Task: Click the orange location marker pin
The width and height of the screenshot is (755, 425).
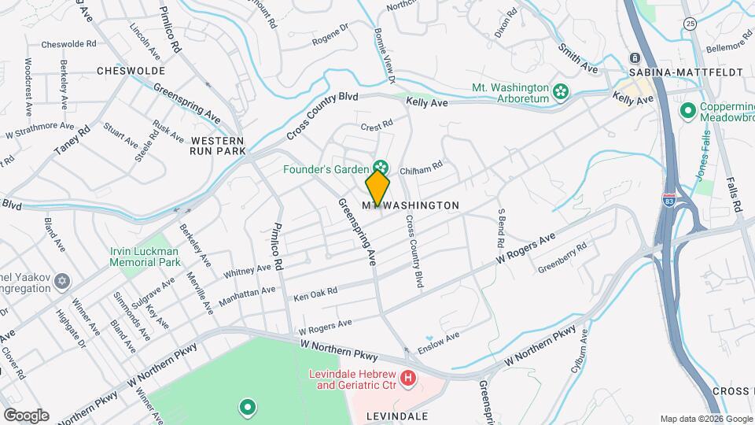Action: click(377, 188)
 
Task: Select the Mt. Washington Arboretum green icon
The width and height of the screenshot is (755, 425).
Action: click(561, 93)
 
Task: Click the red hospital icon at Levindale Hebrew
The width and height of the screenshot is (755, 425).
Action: click(408, 379)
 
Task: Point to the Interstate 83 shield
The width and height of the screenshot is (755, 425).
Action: click(669, 200)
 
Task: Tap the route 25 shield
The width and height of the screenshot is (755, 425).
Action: click(689, 23)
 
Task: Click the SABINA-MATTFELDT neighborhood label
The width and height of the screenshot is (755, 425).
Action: click(686, 72)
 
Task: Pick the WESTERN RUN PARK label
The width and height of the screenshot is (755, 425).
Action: click(218, 145)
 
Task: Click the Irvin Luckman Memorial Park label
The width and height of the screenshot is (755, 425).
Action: click(145, 257)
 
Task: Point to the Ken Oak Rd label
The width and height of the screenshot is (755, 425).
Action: click(315, 293)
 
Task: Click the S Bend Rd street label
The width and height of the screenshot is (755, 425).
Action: click(500, 224)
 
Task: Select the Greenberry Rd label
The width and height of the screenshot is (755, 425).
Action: click(562, 257)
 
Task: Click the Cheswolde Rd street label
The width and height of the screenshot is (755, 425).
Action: click(68, 44)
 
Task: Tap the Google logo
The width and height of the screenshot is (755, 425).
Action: click(25, 416)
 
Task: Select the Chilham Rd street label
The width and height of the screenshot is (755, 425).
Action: click(422, 166)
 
